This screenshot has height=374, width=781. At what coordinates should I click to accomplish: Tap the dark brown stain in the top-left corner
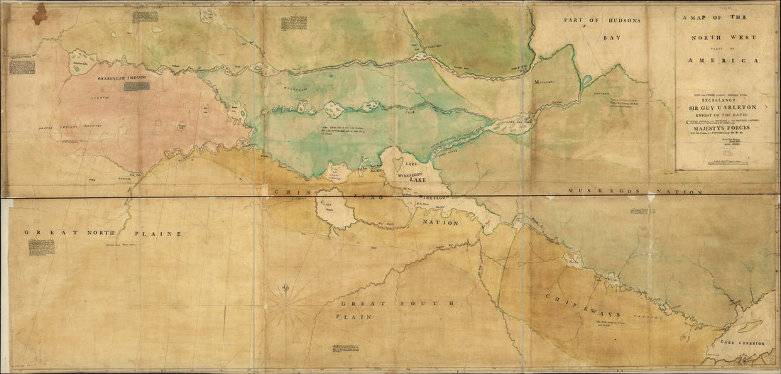coord(39,13)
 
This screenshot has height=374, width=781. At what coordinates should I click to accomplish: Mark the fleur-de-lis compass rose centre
coord(287,307)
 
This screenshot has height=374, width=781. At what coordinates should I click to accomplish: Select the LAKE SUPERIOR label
coord(742,343)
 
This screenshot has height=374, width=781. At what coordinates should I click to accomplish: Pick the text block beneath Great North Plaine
coord(41,247)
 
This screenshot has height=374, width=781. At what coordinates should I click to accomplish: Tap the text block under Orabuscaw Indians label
coord(136,87)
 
